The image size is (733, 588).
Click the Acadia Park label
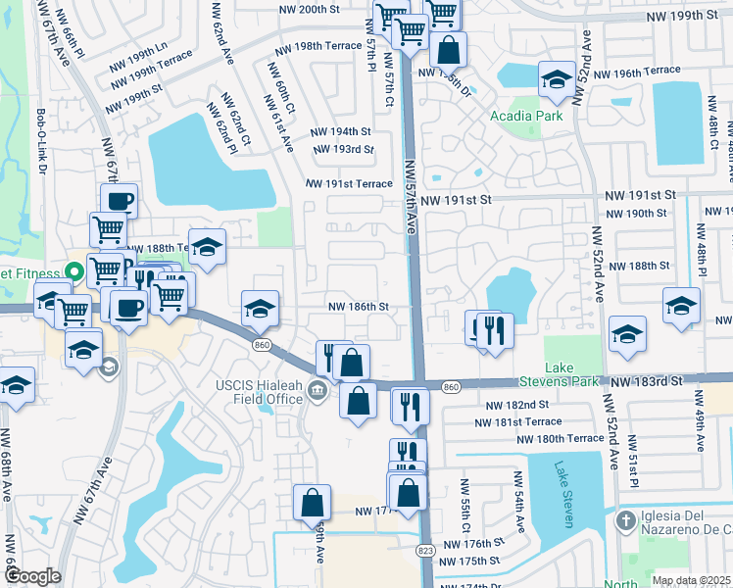click(x=526, y=116)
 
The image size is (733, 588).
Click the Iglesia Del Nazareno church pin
click(x=626, y=518)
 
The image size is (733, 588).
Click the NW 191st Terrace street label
click(x=348, y=183)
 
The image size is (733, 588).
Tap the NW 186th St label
click(x=358, y=307)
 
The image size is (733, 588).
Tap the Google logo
click(x=32, y=576)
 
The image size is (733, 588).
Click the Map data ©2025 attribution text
click(x=691, y=580)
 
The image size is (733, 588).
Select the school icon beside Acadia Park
click(x=557, y=79)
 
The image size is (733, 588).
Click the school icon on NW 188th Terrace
click(x=207, y=248)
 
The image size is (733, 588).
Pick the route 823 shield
click(x=425, y=552)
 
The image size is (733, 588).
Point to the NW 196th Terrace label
click(x=636, y=72)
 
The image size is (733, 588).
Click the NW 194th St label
click(x=340, y=131)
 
